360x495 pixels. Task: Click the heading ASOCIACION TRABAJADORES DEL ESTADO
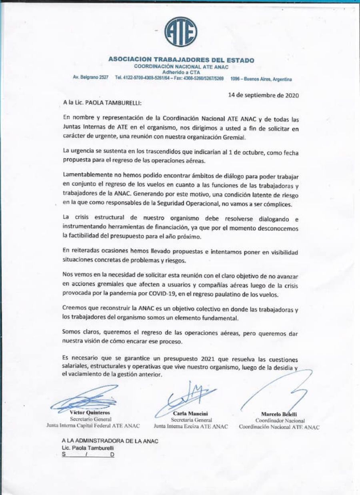coord(181,60)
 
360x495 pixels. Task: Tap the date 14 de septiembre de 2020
coord(264,95)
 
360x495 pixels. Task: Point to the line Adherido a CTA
coord(181,72)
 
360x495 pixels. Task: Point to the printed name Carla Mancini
coord(191,413)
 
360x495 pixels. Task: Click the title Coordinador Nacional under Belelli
coord(280,421)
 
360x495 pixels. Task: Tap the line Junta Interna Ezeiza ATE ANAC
coord(191,426)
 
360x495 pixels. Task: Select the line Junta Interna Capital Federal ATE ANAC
coord(93,425)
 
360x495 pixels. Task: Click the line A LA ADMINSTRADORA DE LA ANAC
coord(110,440)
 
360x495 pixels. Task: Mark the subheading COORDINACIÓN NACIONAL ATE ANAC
coord(181,67)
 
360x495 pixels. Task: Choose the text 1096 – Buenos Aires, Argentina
coord(261,79)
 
